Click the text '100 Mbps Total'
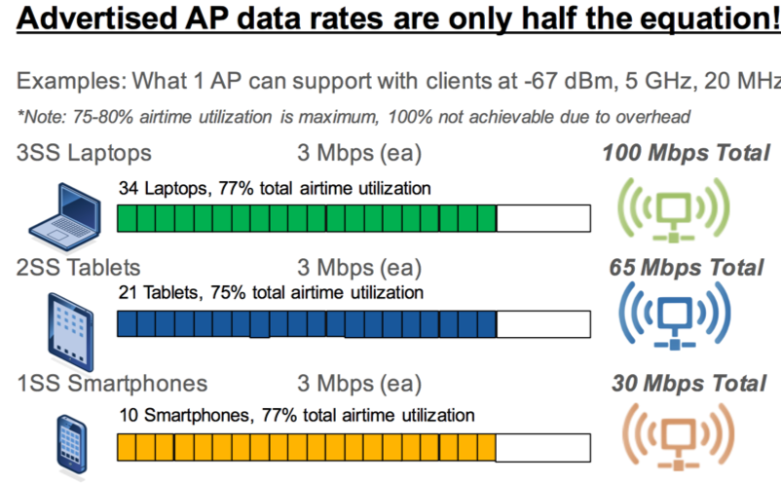(686, 153)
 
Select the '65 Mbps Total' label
(686, 267)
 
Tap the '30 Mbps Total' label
(686, 383)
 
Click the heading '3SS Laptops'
(84, 153)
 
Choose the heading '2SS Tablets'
(78, 267)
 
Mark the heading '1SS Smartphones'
(112, 383)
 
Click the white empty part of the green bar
(543, 219)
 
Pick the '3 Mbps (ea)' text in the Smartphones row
(359, 383)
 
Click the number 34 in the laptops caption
(128, 187)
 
